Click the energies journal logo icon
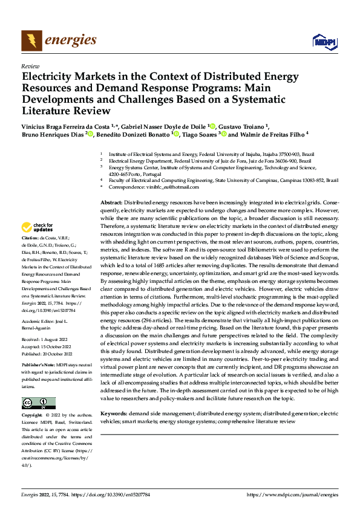31,41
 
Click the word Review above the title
30,66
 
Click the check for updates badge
37,228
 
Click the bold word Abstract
111,202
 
